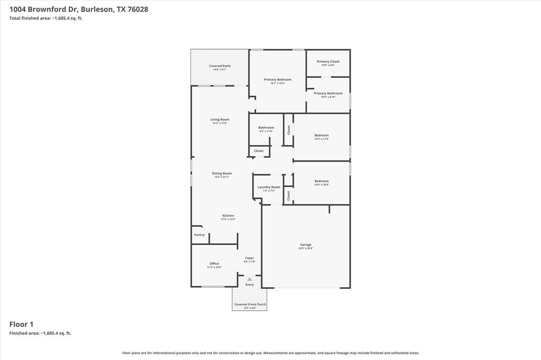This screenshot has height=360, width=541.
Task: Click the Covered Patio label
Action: point(220,66)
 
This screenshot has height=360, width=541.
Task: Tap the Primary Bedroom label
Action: point(277,80)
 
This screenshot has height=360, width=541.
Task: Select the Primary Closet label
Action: point(328,62)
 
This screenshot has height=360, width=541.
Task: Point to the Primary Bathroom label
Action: point(328,93)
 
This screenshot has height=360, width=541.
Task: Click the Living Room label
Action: point(220,120)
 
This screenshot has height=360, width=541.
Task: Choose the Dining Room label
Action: point(222,174)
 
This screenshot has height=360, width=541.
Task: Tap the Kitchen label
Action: point(228,216)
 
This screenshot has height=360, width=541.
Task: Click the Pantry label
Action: point(199,235)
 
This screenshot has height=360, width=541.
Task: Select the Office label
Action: point(214,264)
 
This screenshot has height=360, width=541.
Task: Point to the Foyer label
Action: point(249,258)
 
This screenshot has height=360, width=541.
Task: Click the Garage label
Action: point(306,245)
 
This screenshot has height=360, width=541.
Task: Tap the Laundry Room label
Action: point(269,187)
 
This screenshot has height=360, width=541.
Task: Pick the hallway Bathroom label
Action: point(266,128)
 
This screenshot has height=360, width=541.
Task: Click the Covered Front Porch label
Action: point(249,305)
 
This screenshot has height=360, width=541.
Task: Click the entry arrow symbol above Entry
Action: point(249,279)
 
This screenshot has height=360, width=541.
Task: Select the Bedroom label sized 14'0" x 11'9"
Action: point(321,136)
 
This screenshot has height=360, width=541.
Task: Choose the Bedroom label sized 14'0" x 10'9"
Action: point(321,182)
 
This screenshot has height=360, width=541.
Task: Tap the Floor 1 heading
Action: point(21,324)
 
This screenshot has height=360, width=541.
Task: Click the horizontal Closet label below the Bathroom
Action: point(258,151)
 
